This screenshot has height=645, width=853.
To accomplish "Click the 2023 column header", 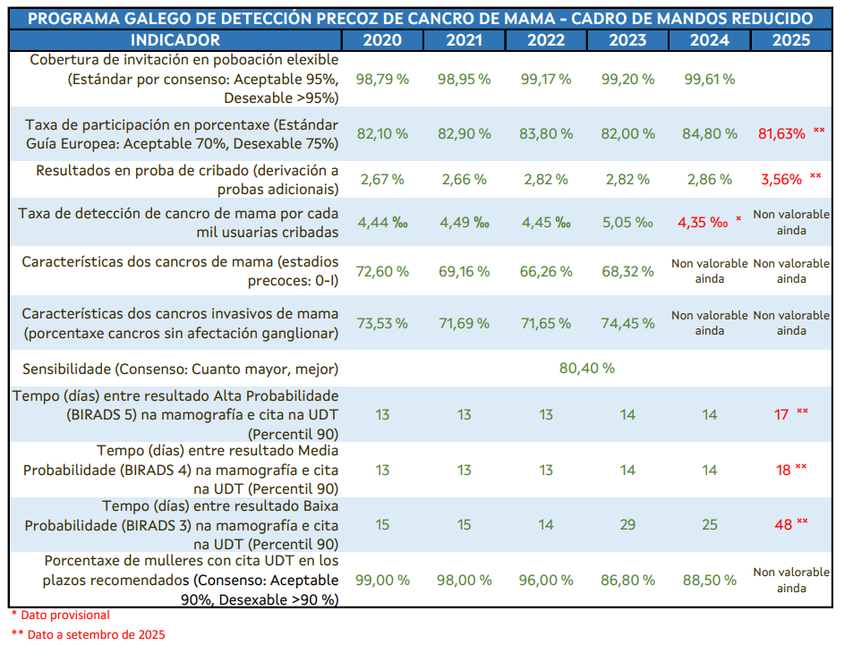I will click(x=627, y=40).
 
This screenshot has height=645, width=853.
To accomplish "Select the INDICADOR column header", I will click(x=175, y=40).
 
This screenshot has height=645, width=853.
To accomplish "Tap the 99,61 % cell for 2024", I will click(x=709, y=79).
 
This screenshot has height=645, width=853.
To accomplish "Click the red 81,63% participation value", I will click(x=780, y=133).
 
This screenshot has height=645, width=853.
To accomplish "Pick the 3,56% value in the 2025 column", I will click(x=780, y=179).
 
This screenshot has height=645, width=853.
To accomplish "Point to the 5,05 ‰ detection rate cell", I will click(x=627, y=223).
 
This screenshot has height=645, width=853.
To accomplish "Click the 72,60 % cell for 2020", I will click(x=382, y=271).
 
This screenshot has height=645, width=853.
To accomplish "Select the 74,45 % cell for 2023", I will click(x=627, y=323).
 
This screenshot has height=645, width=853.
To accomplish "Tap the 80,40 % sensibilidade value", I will click(x=586, y=368).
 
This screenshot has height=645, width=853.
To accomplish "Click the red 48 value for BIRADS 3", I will click(x=783, y=524).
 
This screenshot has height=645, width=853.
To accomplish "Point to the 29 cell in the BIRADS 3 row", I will click(x=627, y=524).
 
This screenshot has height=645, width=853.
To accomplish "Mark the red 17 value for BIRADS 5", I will click(x=781, y=414).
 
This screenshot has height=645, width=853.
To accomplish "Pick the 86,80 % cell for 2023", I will click(x=627, y=580).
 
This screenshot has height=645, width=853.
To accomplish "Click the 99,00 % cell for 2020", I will click(x=382, y=580).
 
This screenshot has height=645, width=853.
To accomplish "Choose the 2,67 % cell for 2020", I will click(x=382, y=179).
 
